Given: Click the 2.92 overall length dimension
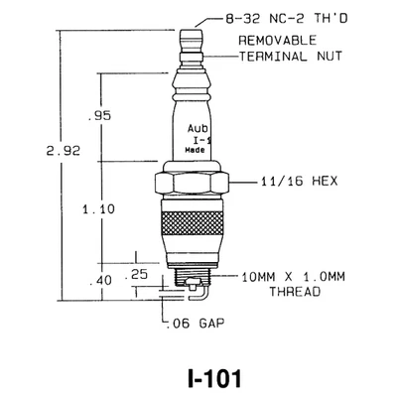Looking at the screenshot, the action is click(64, 151).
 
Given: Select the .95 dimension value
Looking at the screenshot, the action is click(99, 116).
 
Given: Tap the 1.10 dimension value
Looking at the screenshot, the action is click(98, 209).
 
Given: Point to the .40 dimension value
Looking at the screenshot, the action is click(101, 281).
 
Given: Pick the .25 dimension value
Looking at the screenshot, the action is click(136, 274).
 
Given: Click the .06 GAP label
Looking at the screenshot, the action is click(195, 323).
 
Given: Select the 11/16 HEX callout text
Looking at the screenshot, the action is click(299, 182).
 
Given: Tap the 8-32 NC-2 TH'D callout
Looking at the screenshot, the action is click(287, 19).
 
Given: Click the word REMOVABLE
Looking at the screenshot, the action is click(278, 41).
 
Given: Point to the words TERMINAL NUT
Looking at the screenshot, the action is click(291, 57).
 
